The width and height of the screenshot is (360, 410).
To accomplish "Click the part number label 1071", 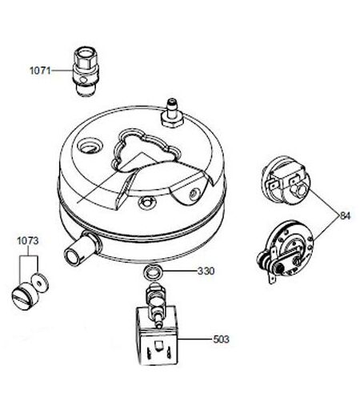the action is [40, 70].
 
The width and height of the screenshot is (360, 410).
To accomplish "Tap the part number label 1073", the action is [28, 241].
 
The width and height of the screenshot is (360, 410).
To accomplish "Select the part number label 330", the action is [206, 271].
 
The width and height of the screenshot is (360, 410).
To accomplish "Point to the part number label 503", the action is [221, 340].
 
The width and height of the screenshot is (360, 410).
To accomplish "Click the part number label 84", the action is [345, 215].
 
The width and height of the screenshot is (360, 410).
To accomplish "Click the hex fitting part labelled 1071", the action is [86, 71].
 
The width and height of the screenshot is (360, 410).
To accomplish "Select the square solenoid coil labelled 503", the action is [157, 336].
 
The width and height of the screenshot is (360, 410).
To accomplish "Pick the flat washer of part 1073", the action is [40, 283].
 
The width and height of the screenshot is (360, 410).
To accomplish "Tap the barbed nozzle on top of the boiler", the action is [173, 114].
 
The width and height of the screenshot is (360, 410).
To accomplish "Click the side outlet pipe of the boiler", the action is [82, 247].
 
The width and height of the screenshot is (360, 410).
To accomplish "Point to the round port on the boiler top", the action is [90, 146].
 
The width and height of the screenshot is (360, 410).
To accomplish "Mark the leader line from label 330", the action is [179, 271].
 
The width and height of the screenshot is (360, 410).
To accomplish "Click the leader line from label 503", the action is [195, 340].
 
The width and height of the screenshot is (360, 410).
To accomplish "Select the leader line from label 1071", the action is [62, 70].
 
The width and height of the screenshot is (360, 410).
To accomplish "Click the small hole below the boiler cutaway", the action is [146, 203].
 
